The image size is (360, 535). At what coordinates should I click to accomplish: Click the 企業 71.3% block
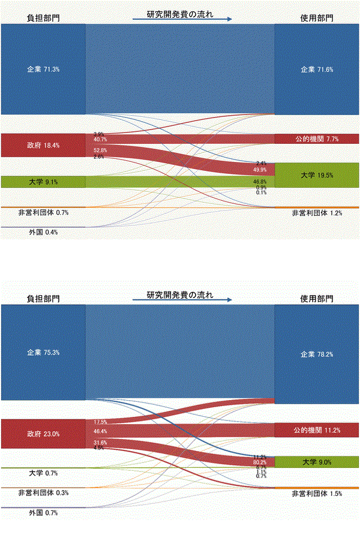43,70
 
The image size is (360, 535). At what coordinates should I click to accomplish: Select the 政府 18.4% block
43,145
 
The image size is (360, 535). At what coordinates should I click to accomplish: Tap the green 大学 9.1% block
43,182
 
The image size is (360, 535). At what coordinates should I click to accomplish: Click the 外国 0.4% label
43,232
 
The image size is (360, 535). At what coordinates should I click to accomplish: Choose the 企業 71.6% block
317,70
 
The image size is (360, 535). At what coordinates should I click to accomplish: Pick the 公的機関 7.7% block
317,139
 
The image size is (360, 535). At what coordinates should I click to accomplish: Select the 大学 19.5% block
317,175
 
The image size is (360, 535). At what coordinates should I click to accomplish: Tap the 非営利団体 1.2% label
316,214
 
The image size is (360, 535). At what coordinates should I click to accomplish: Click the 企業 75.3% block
43,352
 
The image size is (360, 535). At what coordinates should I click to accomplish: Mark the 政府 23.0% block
43,434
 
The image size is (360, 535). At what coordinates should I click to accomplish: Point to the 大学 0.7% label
43,473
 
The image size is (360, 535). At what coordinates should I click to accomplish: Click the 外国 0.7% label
43,513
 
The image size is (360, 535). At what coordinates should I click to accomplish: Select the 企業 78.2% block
317,354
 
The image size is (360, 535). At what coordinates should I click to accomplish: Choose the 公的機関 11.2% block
317,430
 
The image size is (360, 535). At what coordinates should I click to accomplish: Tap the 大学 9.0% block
317,462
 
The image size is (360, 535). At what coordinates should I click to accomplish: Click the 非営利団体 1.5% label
316,494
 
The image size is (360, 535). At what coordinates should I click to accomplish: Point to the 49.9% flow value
260,170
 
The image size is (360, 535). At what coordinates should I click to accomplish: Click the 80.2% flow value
260,462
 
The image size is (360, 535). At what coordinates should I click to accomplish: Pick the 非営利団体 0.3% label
43,493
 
